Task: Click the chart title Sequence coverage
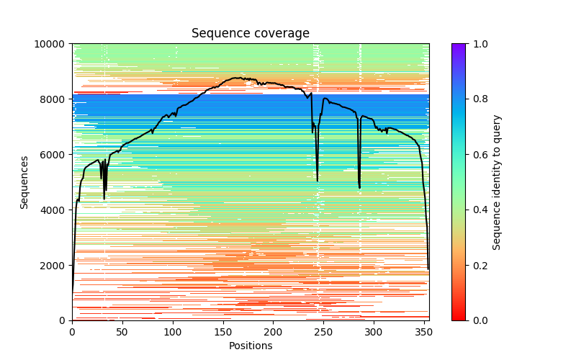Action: (x=251, y=34)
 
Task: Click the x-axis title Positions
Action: (x=251, y=346)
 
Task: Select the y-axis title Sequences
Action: (x=24, y=182)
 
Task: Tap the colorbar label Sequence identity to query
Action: (x=497, y=182)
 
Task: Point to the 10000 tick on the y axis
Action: (x=53, y=44)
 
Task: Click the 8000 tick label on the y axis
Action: (x=55, y=99)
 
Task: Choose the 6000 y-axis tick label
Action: (x=55, y=155)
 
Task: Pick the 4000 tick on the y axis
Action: (x=55, y=210)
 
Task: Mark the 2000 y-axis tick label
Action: (x=55, y=266)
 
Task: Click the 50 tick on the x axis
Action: (x=122, y=331)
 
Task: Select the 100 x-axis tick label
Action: (x=173, y=331)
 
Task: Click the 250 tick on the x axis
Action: (x=323, y=331)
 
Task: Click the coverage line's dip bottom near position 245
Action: (x=318, y=181)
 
